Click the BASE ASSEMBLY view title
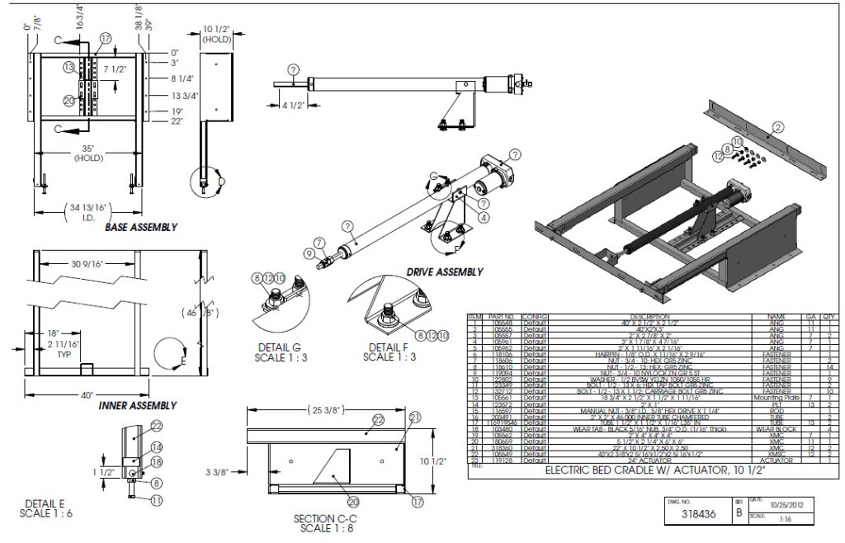(140, 227)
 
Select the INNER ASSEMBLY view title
(138, 405)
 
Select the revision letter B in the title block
(739, 513)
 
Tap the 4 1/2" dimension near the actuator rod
(284, 105)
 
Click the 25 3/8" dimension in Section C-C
(330, 411)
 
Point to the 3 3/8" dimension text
(217, 474)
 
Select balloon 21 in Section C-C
(414, 416)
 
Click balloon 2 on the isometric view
(777, 127)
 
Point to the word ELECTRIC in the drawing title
(574, 472)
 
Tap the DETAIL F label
(388, 348)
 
